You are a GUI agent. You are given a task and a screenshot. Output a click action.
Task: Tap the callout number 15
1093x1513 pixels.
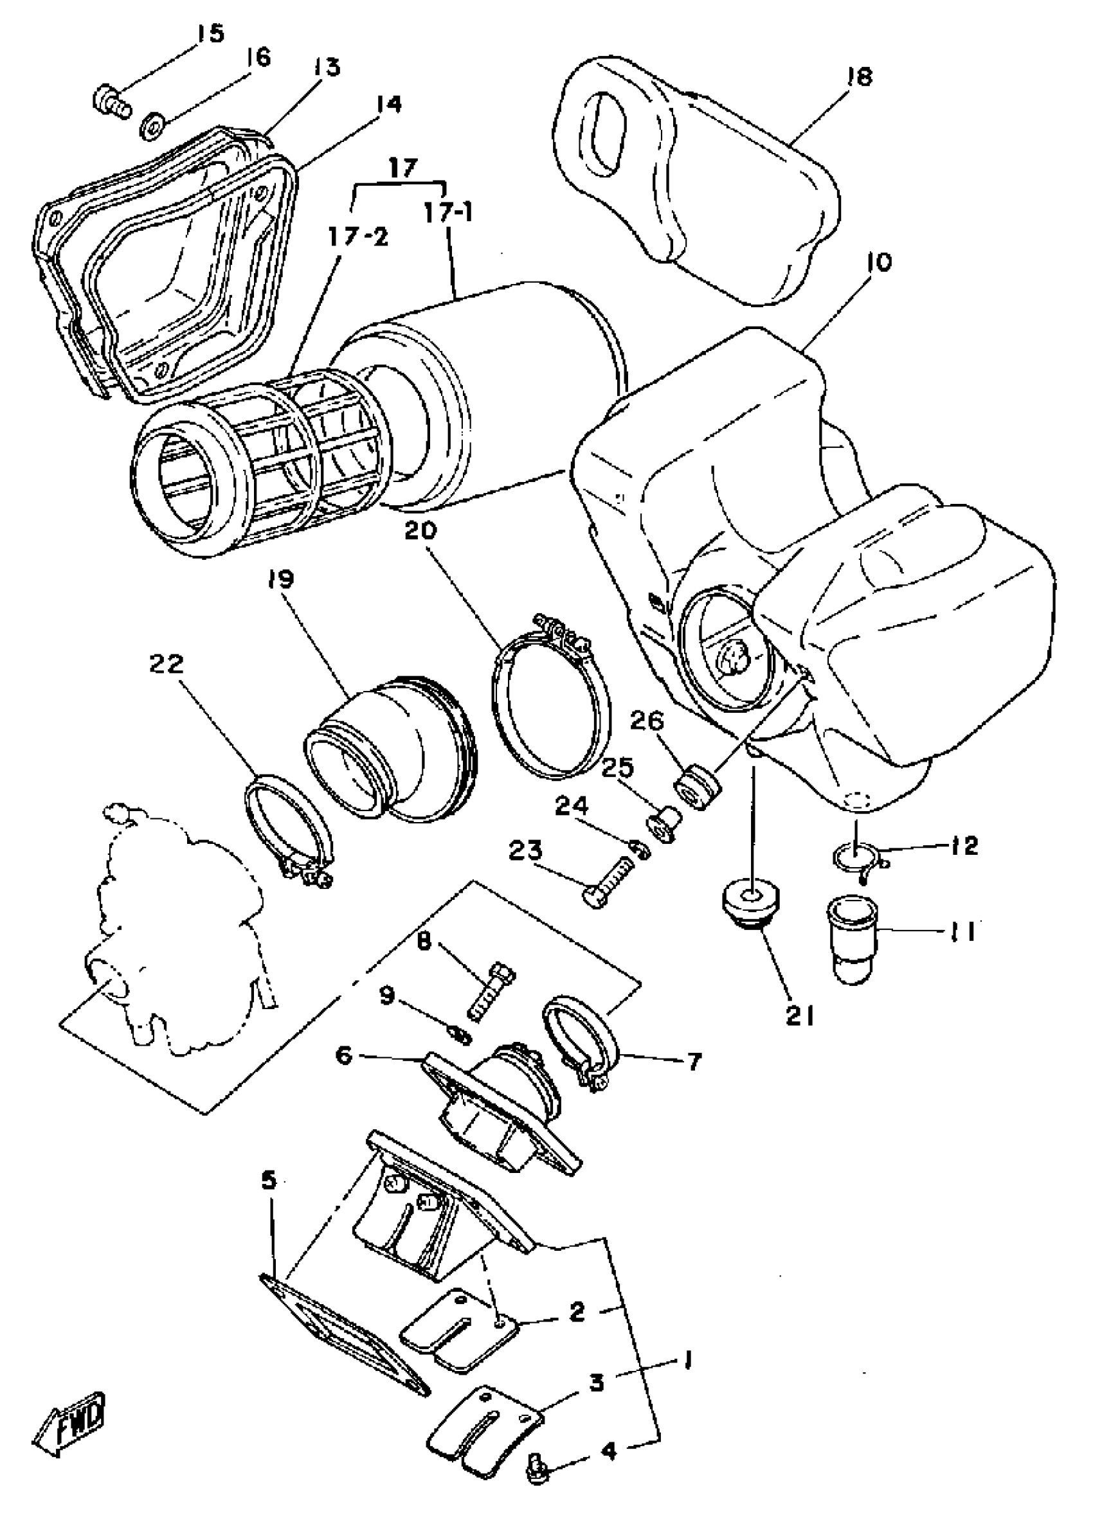pyautogui.click(x=211, y=33)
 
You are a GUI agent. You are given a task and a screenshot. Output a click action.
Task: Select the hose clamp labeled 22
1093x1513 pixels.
pyautogui.click(x=287, y=827)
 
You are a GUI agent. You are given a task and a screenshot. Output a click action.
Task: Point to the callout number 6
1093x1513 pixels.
pyautogui.click(x=343, y=1055)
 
